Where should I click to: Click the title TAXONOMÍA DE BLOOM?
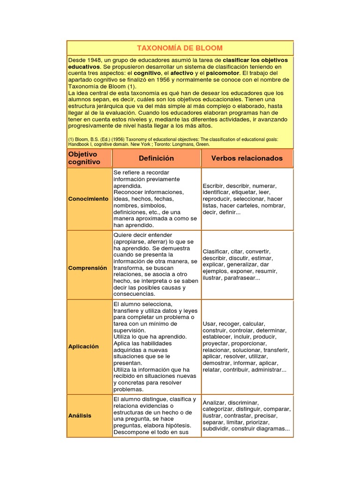(x=180, y=48)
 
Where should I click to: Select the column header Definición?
(x=156, y=158)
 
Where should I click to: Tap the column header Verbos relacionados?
(x=247, y=158)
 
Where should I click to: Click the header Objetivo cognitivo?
(x=84, y=158)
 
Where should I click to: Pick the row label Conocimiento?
(x=88, y=199)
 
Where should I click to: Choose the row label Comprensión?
(x=88, y=268)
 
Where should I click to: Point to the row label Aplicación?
(x=83, y=346)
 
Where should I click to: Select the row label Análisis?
(x=80, y=416)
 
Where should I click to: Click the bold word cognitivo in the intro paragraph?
(x=147, y=74)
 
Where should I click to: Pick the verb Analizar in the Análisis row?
(x=215, y=402)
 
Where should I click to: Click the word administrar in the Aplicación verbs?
(x=268, y=370)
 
